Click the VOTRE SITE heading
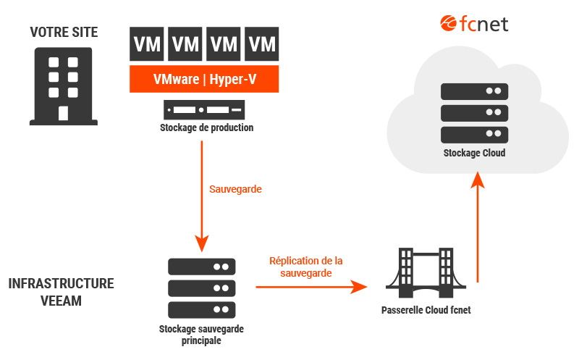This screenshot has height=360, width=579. [x=63, y=33]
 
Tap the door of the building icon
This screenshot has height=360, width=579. [x=63, y=114]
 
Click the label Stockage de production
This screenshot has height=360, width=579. [x=206, y=128]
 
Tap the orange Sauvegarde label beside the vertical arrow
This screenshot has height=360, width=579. [x=235, y=189]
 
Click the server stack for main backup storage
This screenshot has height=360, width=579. [x=201, y=288]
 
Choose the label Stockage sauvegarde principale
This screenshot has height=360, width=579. [x=201, y=335]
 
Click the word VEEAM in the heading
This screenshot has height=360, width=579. [x=62, y=301]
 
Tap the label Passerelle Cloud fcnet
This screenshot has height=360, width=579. [x=426, y=311]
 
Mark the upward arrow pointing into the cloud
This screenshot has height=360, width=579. [x=476, y=225]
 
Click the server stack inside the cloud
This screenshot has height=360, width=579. [x=474, y=113]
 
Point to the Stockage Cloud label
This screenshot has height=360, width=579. [x=474, y=154]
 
